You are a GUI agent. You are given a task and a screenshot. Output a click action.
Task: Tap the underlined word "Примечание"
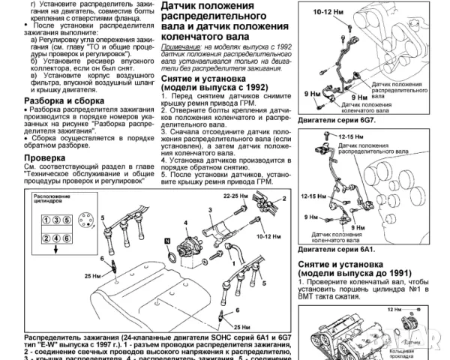[178, 46]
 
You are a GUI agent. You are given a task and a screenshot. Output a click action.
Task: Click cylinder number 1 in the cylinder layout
[46, 220]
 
